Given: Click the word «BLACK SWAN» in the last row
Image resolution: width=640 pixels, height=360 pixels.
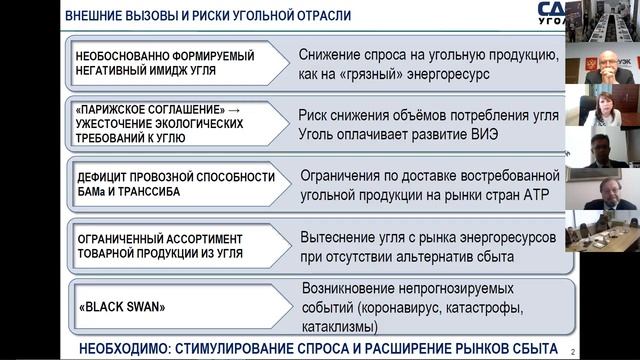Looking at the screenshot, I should tap(121, 308).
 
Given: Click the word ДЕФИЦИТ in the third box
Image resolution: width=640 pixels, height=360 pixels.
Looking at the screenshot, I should tap(104, 177).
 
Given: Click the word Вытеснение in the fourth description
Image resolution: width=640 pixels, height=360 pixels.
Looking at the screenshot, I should tap(338, 237).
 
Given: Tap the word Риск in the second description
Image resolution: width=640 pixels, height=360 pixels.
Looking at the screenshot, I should tap(317, 115).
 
